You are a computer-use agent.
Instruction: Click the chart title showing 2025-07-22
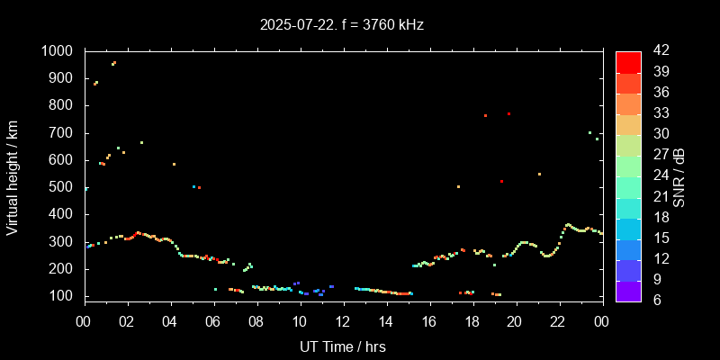(x=342, y=25)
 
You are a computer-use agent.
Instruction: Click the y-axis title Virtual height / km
(x=13, y=178)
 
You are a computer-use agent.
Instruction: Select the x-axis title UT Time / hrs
(x=343, y=346)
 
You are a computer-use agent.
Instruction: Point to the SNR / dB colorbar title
(x=679, y=176)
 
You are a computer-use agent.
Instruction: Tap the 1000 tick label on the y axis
(x=59, y=51)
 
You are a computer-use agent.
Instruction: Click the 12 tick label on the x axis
(x=343, y=321)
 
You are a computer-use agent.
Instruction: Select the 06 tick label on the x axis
(x=213, y=321)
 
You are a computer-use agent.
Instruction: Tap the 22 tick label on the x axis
(x=559, y=321)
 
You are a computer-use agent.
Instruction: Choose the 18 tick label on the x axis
(x=472, y=321)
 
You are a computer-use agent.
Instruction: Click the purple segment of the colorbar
(x=628, y=290)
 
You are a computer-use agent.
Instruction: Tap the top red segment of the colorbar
(x=628, y=61)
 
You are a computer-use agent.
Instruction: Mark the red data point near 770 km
(x=508, y=113)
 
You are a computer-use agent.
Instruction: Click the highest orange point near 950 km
(x=114, y=63)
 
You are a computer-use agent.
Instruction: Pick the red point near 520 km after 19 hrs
(x=501, y=182)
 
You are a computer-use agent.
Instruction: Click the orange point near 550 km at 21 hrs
(x=539, y=174)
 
